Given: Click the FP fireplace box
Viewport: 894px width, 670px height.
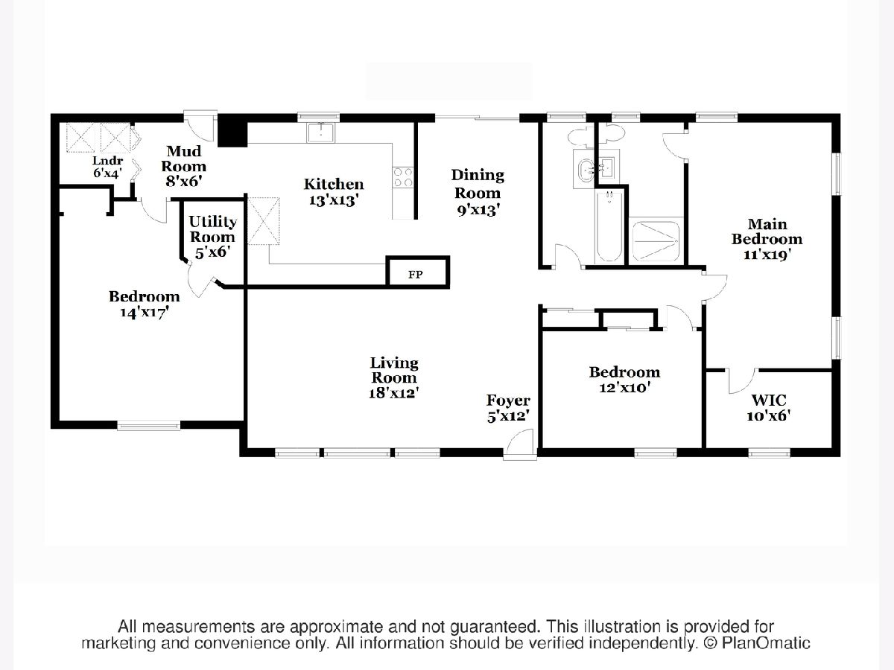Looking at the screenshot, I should point(416,272).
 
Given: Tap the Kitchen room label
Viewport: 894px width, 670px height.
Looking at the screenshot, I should point(334,191).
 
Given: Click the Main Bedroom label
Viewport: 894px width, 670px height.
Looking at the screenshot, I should point(767,238).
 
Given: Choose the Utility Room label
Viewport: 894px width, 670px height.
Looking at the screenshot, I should point(213,236).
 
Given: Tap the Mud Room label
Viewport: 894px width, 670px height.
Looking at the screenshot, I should point(184,166).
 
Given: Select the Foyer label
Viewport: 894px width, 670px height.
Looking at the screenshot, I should point(508,409).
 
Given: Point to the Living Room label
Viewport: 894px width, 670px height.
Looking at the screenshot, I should point(394,377).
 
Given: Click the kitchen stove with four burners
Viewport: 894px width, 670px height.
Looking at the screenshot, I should point(403,177).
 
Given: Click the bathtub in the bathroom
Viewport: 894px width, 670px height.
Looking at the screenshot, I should point(609,226).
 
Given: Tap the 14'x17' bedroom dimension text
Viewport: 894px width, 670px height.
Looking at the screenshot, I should point(144,313).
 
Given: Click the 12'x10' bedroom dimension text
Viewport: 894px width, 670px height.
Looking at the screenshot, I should point(624,387).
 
